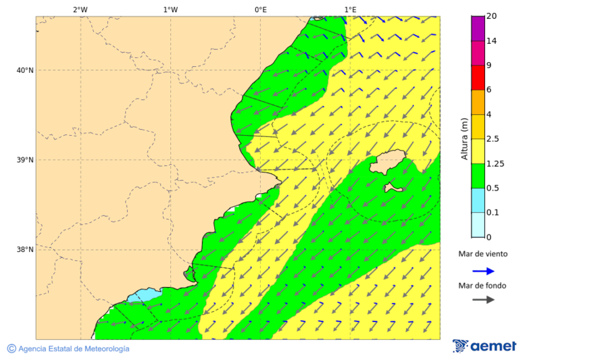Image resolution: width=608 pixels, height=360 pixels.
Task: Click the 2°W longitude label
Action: (80, 9)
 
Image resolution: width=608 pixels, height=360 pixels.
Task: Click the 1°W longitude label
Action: (170, 9)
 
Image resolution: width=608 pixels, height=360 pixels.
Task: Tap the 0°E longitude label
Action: (260, 9)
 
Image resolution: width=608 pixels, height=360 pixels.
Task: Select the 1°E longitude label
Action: (350, 9)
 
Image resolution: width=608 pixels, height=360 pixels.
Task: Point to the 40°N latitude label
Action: (24, 70)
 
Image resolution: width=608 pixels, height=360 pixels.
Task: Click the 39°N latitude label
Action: (24, 160)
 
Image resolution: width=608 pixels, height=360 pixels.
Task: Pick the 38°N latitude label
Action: (24, 250)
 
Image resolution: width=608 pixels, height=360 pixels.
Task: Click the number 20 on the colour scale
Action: (491, 16)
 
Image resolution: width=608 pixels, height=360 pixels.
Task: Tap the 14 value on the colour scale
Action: (491, 41)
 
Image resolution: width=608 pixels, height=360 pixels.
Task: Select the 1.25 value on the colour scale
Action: (495, 163)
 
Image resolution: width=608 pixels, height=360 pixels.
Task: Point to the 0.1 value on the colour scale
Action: (493, 213)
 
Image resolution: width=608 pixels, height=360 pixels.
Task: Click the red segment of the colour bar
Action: (478, 78)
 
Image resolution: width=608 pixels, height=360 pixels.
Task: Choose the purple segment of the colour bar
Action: (478, 28)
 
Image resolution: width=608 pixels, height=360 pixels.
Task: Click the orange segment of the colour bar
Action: (478, 102)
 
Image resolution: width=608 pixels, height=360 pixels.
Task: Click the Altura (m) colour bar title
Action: (464, 139)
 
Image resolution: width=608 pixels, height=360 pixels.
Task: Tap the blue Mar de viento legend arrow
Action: (483, 271)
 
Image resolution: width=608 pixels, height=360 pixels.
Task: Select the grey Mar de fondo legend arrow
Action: (483, 300)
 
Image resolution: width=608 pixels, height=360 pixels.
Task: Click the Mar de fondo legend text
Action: (482, 286)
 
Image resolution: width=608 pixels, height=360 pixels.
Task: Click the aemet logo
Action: (484, 346)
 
